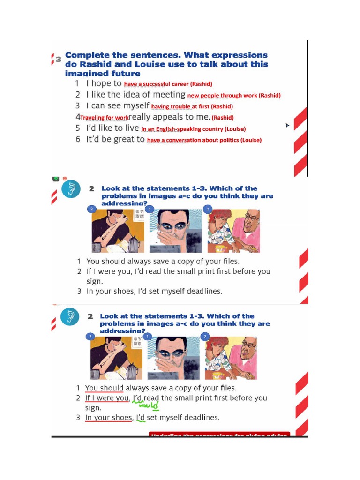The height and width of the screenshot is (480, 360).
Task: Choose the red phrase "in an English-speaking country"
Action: pos(182,129)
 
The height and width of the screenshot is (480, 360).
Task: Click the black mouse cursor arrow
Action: pos(288,126)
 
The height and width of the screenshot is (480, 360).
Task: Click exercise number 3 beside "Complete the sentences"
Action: pos(59,59)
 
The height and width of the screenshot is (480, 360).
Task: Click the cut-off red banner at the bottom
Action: pos(219,435)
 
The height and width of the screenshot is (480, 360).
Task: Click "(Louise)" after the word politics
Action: pos(251,140)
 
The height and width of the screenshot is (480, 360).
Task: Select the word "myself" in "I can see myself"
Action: pos(133,106)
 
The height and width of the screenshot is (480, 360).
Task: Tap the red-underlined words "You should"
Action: pos(104,388)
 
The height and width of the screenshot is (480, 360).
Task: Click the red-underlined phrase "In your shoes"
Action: pos(109,418)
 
